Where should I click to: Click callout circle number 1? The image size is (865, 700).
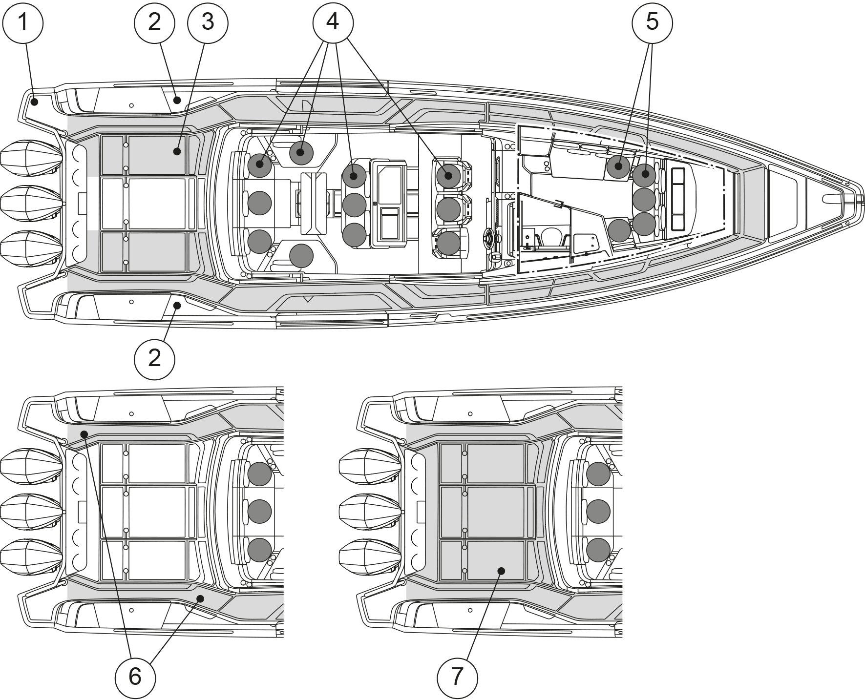23,22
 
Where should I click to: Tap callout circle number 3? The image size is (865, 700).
208,22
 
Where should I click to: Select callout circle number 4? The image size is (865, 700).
333,22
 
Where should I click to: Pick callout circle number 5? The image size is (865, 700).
652,22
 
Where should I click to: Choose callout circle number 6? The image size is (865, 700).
135,677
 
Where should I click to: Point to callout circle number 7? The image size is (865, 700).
457,677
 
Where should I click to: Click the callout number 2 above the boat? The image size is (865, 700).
154,22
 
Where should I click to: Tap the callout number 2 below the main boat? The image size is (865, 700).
154,359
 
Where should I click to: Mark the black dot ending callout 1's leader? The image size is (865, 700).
34,102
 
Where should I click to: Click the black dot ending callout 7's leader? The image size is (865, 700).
501,571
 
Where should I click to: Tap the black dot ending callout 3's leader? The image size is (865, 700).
177,152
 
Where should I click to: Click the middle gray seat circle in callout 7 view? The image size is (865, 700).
598,511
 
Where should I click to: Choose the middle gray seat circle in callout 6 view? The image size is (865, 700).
259,511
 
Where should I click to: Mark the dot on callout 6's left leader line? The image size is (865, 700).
84,434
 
